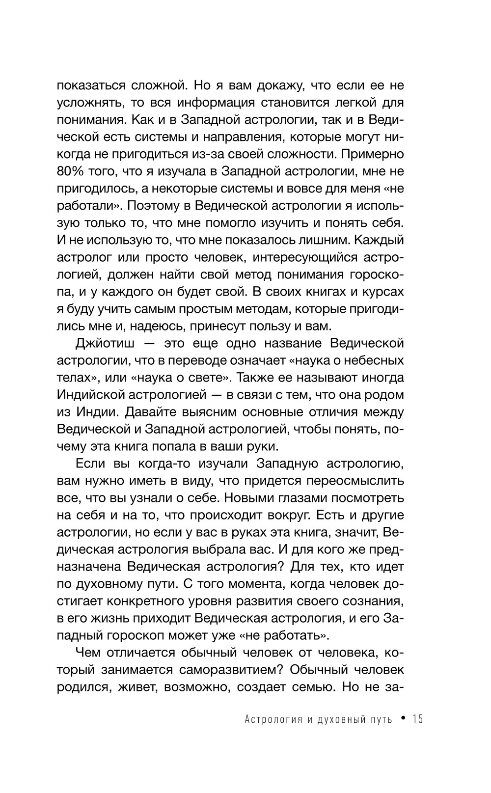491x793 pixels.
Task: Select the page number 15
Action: click(x=418, y=719)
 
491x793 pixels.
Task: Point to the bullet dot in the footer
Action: click(x=403, y=719)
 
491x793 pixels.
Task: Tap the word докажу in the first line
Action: click(x=272, y=85)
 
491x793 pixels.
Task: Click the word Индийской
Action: click(x=91, y=395)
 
